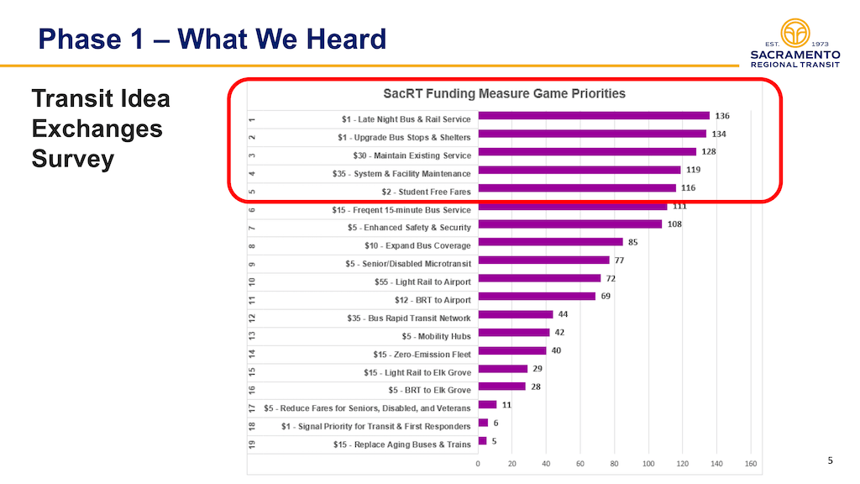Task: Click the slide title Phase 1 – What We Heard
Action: pyautogui.click(x=212, y=39)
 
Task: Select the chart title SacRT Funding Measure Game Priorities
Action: pyautogui.click(x=504, y=93)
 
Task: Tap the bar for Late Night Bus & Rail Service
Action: pyautogui.click(x=593, y=116)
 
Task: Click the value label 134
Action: pyautogui.click(x=721, y=134)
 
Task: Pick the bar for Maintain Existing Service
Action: pyautogui.click(x=586, y=152)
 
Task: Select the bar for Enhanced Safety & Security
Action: pyautogui.click(x=569, y=224)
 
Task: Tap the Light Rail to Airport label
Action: pyautogui.click(x=422, y=281)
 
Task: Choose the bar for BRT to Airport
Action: pyautogui.click(x=536, y=296)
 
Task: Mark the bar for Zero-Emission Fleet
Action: pyautogui.click(x=511, y=350)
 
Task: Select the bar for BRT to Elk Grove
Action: pyautogui.click(x=501, y=387)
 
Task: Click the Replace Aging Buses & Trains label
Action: pyautogui.click(x=401, y=445)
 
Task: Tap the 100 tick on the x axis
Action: pyautogui.click(x=648, y=463)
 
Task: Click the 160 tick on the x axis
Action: pyautogui.click(x=751, y=463)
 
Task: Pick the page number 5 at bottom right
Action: pyautogui.click(x=831, y=460)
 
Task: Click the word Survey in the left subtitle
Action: pyautogui.click(x=72, y=160)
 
